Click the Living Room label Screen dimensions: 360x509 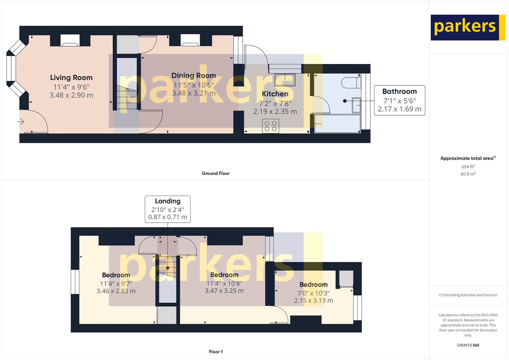71,78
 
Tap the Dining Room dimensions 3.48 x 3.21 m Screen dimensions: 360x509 194,93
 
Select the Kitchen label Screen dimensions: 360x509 275,94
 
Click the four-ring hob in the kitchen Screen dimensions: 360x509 271,126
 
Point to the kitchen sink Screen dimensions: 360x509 285,80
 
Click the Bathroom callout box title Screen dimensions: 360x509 400,92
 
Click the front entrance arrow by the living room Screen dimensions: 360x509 21,122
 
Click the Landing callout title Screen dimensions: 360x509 168,201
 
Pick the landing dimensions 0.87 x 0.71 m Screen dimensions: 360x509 168,217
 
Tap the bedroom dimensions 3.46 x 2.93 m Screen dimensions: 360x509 116,291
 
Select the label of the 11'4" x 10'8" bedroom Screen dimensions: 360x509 224,275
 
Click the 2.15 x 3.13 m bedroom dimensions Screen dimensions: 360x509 313,300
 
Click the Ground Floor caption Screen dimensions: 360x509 216,173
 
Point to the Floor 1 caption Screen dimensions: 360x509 216,352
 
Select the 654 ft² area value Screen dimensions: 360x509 468,167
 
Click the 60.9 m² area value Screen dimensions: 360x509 468,174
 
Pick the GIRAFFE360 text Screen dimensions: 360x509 468,345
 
